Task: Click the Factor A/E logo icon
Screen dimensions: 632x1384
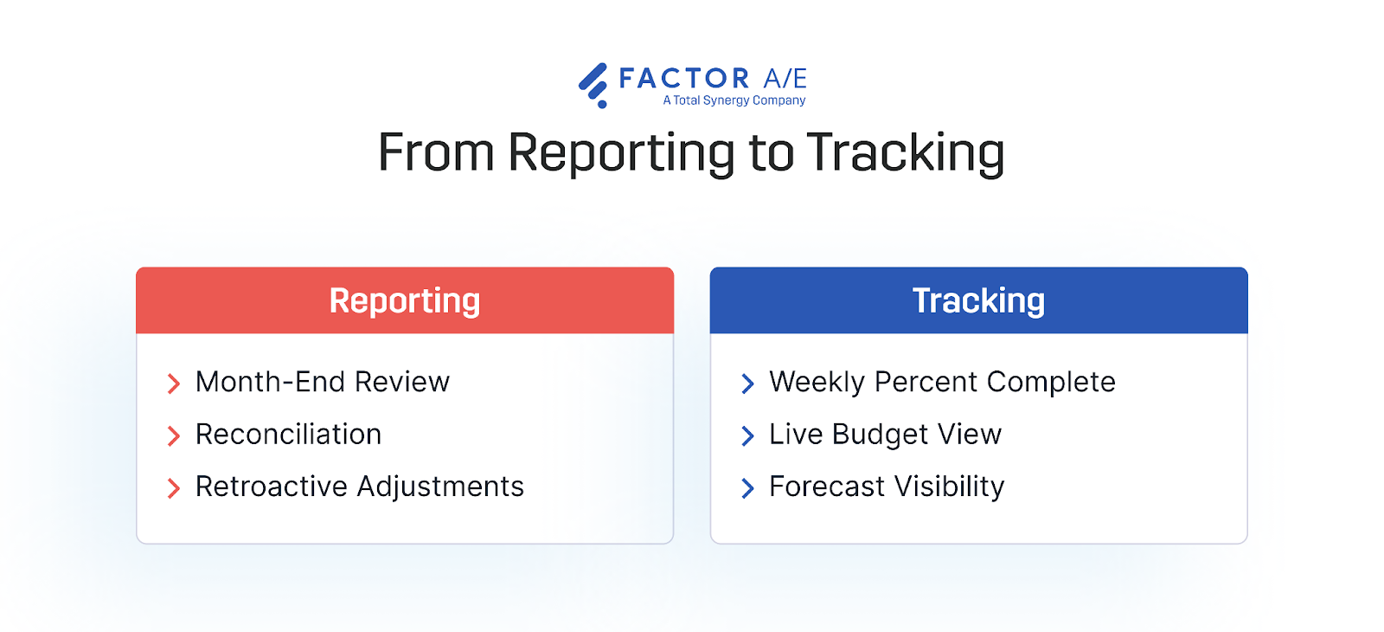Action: tap(593, 85)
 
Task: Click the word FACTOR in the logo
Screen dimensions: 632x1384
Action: tap(684, 79)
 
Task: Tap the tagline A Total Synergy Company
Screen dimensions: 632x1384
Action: tap(734, 100)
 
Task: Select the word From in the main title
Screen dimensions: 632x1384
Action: tap(436, 153)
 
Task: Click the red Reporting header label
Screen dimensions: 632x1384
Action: tap(405, 300)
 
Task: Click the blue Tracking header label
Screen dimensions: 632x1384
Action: tap(978, 300)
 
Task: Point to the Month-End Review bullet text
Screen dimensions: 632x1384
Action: tap(323, 382)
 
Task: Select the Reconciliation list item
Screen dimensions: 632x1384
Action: tap(288, 435)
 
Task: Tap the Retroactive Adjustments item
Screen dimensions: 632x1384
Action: tap(360, 487)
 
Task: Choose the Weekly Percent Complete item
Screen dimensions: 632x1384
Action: tap(942, 382)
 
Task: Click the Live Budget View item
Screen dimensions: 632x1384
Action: tap(885, 435)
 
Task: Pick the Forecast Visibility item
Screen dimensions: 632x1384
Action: tap(887, 487)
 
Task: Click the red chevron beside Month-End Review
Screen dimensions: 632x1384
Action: tap(174, 384)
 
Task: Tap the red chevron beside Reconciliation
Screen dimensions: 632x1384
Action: tap(174, 435)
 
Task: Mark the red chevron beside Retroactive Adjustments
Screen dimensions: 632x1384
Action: tap(174, 488)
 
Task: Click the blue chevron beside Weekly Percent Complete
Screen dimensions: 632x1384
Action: tap(747, 384)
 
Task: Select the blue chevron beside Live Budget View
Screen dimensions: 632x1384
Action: tap(747, 435)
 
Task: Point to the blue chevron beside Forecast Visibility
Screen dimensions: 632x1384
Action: tap(747, 488)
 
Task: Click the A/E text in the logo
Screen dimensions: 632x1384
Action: tap(785, 79)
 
